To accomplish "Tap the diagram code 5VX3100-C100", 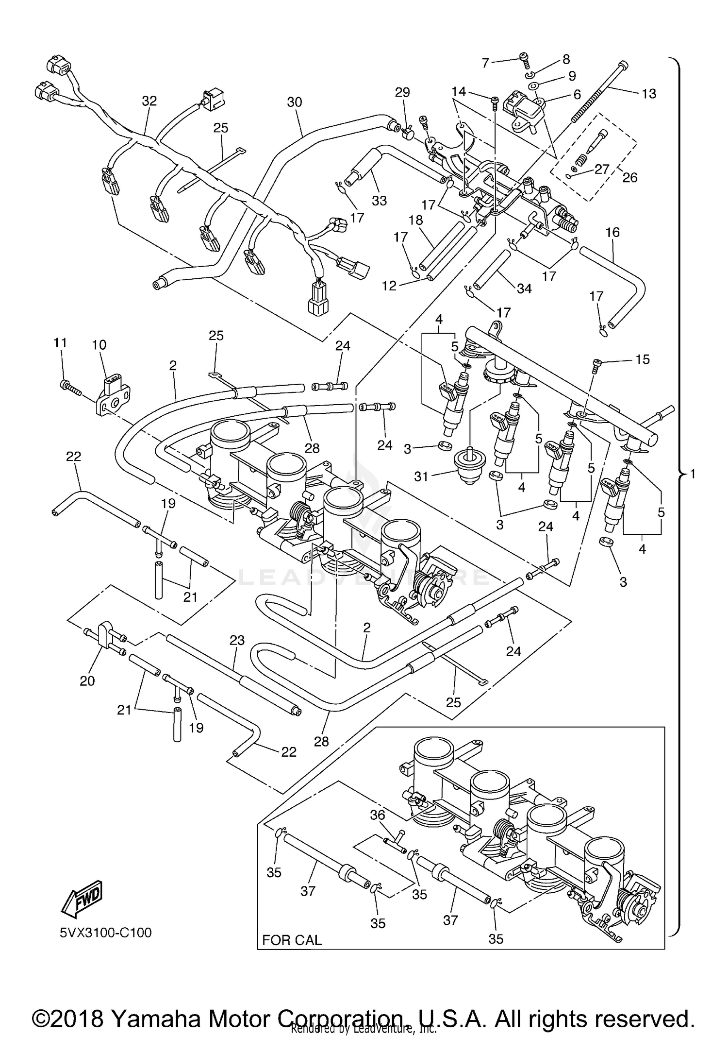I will (x=106, y=933).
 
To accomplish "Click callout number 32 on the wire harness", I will (x=149, y=101).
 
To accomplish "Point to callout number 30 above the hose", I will (x=295, y=102).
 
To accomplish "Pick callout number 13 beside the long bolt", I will (x=648, y=94).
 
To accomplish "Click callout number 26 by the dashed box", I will (x=629, y=177).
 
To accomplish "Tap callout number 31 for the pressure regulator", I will (x=421, y=476).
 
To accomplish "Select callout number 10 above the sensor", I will (x=99, y=345).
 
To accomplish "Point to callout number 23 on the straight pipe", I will (x=237, y=641).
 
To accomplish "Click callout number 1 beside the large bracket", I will (x=693, y=474).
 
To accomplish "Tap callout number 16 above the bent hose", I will (x=612, y=232).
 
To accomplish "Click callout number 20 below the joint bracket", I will (x=87, y=681).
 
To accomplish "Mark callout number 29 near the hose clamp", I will (x=402, y=92).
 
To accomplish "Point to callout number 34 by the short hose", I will (x=524, y=289).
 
